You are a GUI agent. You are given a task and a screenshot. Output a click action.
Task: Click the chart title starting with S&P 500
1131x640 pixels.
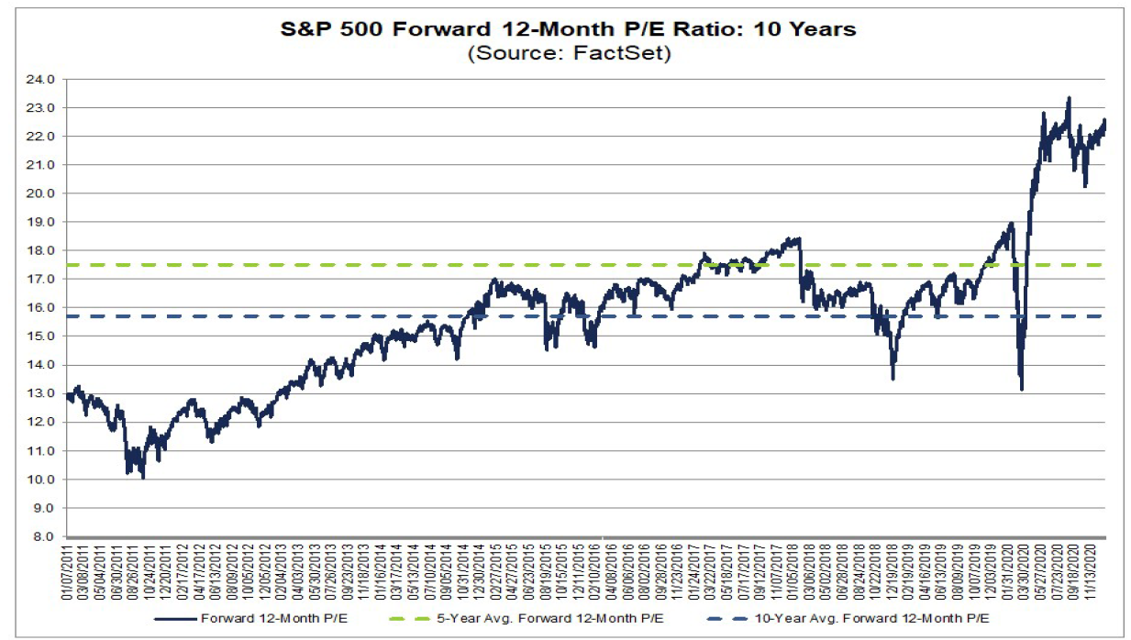pyautogui.click(x=568, y=29)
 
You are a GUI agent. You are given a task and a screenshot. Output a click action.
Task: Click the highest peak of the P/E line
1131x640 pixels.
pyautogui.click(x=1068, y=98)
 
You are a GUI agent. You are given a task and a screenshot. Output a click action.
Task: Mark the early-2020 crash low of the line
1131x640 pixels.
pyautogui.click(x=1021, y=389)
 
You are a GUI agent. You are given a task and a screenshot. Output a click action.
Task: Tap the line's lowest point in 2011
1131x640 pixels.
pyautogui.click(x=143, y=477)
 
